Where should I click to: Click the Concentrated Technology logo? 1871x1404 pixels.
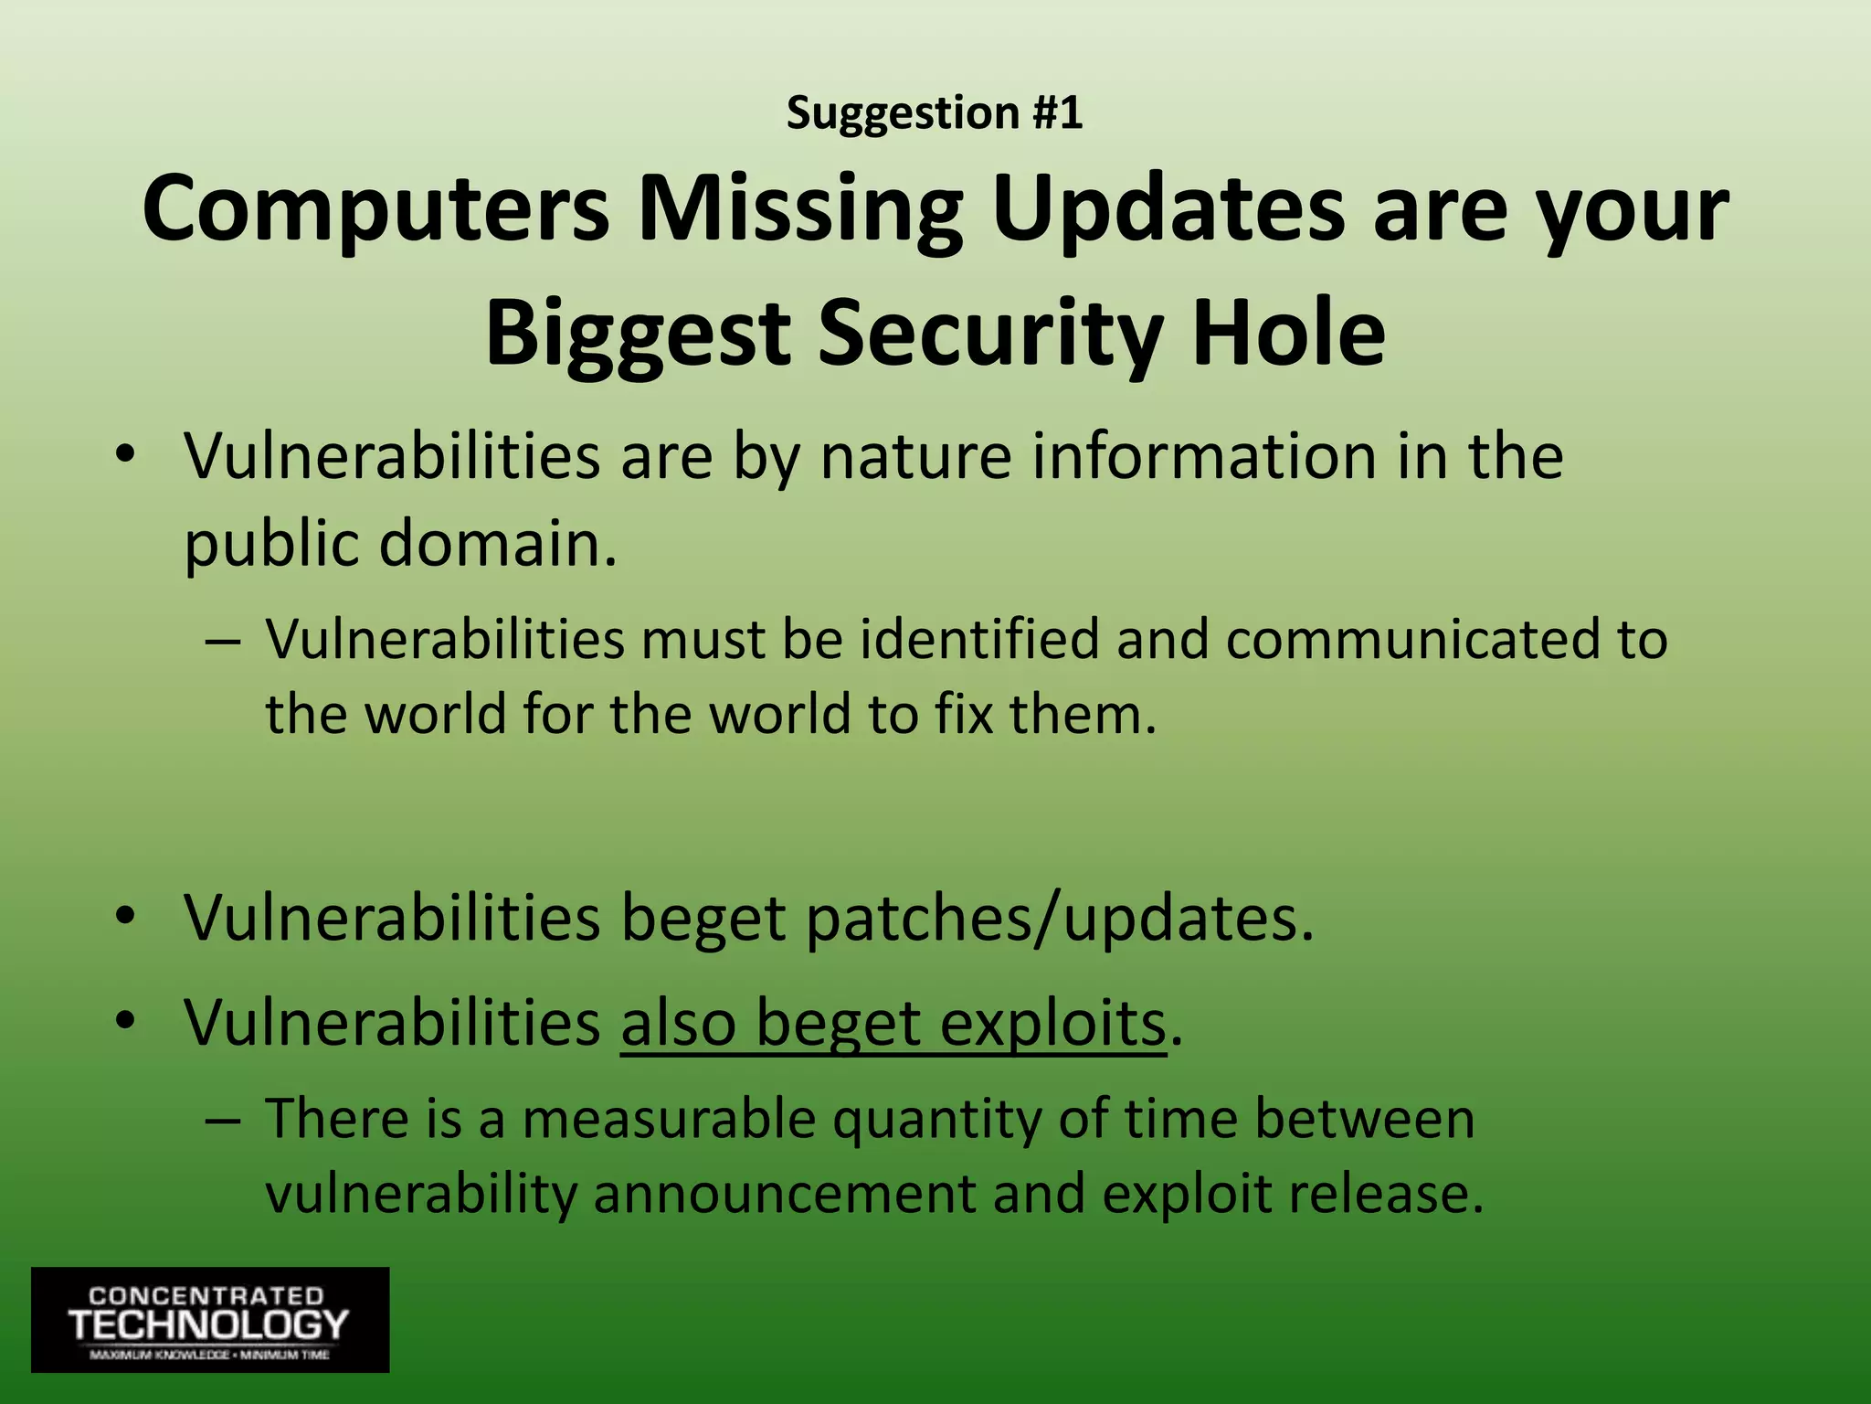(210, 1319)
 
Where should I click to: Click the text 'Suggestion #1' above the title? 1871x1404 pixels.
(935, 113)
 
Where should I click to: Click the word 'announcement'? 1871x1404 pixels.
(785, 1194)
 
